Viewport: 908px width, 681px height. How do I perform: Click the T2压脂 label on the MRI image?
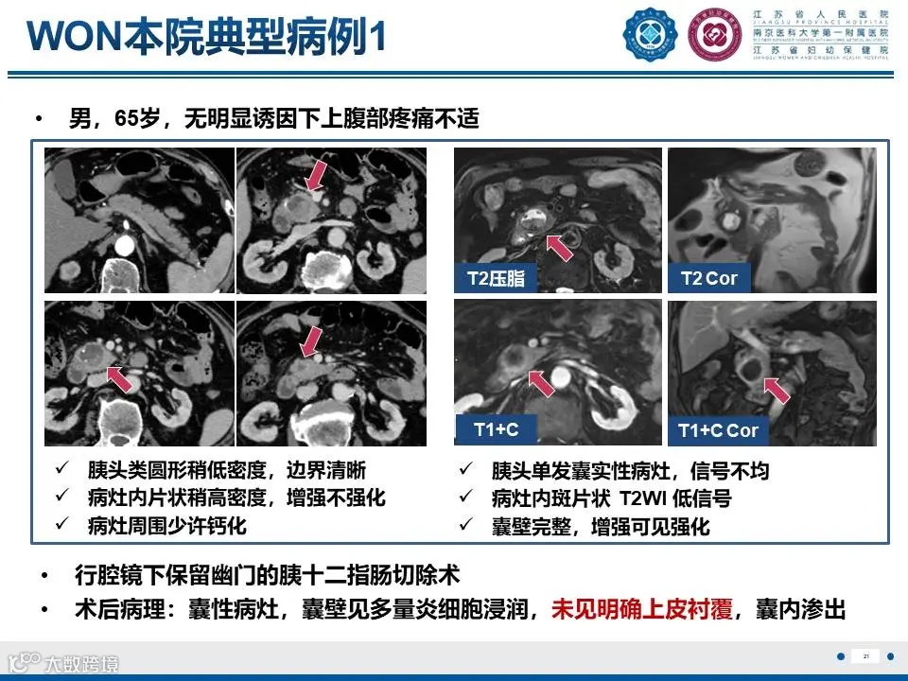[496, 278]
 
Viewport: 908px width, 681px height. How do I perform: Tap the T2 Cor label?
[708, 278]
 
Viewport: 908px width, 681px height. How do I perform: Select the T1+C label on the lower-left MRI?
[496, 429]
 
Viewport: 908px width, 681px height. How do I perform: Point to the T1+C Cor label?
[718, 430]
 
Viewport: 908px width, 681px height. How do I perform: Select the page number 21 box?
[865, 656]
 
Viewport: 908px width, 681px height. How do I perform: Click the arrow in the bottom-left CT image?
[118, 378]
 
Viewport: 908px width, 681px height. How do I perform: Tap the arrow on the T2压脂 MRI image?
[559, 248]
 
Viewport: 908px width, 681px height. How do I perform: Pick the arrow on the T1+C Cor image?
[776, 389]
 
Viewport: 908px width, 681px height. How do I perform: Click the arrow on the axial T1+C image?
[540, 383]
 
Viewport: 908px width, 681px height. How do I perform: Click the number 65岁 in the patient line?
[135, 119]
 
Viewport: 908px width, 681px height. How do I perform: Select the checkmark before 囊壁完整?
[466, 526]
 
